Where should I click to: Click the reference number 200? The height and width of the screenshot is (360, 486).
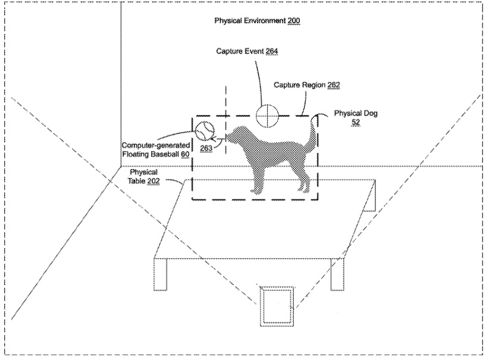pyautogui.click(x=294, y=21)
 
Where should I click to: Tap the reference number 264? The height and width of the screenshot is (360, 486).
pyautogui.click(x=271, y=52)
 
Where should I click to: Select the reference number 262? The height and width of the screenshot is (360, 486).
pyautogui.click(x=333, y=86)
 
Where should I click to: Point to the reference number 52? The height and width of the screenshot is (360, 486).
pyautogui.click(x=356, y=121)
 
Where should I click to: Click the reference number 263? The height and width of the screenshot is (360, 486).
pyautogui.click(x=206, y=148)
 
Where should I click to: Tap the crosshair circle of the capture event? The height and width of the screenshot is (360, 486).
pyautogui.click(x=266, y=114)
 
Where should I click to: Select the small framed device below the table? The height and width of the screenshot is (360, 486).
pyautogui.click(x=277, y=306)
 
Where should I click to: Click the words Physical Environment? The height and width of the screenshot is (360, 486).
pyautogui.click(x=250, y=21)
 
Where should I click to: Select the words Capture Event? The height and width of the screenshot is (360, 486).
pyautogui.click(x=240, y=52)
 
